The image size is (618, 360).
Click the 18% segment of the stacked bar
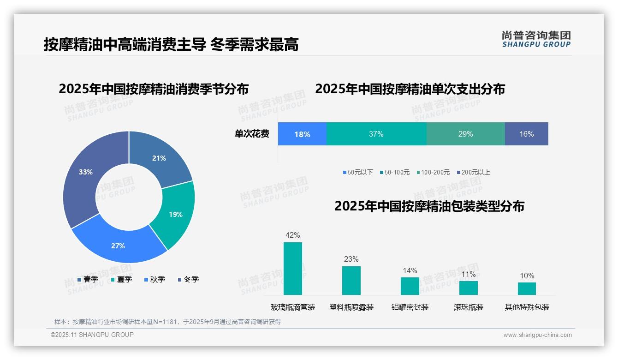(302, 134)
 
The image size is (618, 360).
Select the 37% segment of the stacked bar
(376, 134)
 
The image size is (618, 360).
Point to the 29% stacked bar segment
(465, 134)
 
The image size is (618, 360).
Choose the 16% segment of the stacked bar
(526, 134)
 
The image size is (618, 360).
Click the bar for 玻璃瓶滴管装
(293, 269)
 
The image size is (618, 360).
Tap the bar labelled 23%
(351, 281)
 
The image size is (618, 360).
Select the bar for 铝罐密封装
(410, 286)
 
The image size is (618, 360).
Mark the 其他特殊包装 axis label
(527, 307)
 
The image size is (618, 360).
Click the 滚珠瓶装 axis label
(468, 307)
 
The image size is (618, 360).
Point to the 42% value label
(293, 235)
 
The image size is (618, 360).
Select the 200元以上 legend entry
(473, 173)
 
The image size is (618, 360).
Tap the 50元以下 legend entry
(358, 173)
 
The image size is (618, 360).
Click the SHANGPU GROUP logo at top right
(536, 39)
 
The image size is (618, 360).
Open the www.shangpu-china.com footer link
(537, 335)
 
